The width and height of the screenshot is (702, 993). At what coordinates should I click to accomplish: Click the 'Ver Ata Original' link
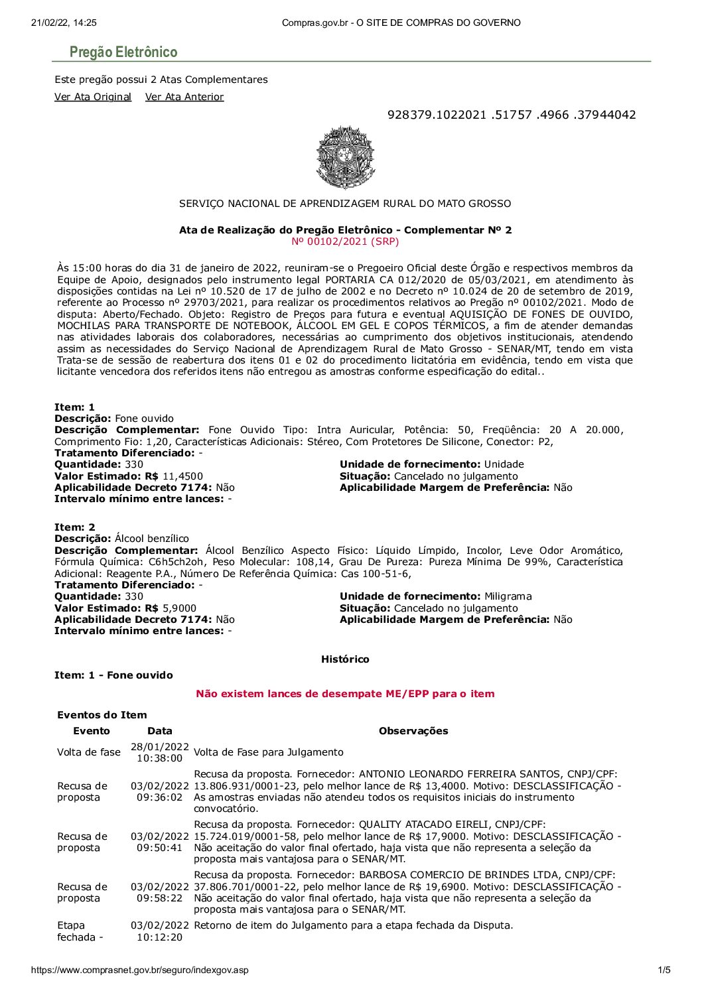93,97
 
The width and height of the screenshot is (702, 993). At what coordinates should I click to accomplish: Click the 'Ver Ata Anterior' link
184,97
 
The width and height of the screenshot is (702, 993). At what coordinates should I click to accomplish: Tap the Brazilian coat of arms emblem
345,157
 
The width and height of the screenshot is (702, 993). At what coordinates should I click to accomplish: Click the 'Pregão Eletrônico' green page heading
124,52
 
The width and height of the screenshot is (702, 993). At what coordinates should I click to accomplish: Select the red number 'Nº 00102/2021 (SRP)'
345,241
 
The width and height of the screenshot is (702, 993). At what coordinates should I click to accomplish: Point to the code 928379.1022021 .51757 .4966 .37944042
511,115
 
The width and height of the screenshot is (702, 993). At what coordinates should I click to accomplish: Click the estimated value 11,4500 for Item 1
182,476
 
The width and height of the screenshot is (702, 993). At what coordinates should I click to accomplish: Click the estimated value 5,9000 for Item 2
179,608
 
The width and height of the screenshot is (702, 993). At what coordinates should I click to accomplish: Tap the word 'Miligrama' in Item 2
508,596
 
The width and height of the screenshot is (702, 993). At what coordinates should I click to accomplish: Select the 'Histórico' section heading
345,659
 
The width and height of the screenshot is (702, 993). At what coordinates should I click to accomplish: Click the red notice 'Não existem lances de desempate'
345,694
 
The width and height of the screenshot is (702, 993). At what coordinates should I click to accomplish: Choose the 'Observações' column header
413,731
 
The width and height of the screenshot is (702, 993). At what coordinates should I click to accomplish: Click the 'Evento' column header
92,731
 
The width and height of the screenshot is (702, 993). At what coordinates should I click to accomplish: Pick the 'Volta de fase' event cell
89,752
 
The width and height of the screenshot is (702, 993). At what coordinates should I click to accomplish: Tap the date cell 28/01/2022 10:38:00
160,752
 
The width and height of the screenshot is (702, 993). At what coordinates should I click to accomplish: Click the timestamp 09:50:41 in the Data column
160,848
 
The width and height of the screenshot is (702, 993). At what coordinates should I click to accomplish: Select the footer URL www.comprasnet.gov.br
140,970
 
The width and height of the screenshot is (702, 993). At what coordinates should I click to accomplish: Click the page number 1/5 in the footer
664,970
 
